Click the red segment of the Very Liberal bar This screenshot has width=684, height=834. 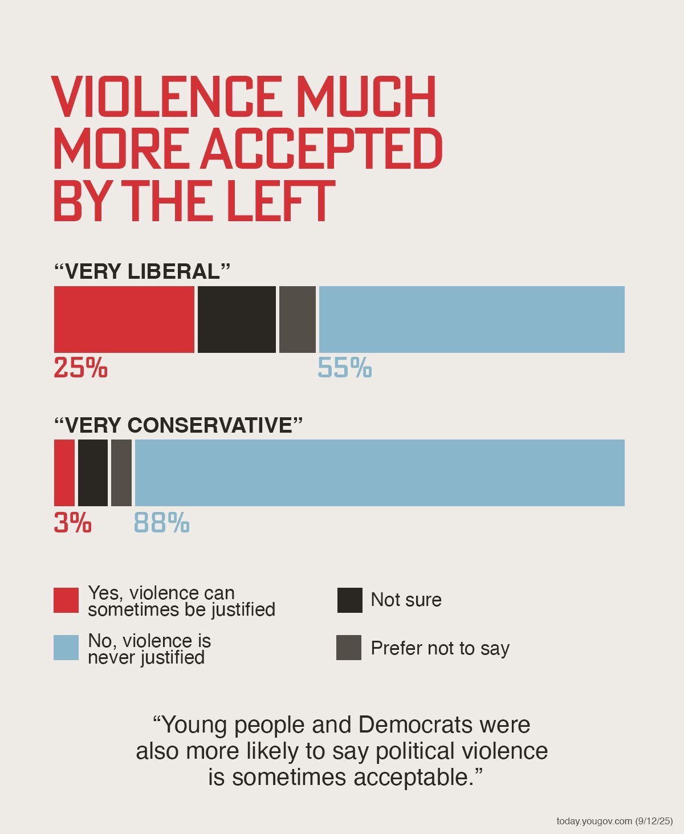124,319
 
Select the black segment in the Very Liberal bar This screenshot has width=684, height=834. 237,319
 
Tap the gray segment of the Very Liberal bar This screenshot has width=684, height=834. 297,319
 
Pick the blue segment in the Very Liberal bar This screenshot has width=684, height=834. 471,319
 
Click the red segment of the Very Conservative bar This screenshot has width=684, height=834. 64,473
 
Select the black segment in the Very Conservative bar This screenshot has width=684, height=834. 92,473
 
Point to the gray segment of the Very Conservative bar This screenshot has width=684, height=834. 121,473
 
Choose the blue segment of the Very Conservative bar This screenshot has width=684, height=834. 380,473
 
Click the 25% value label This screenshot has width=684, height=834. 80,368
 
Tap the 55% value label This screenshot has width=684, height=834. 344,368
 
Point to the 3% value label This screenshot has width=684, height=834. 72,523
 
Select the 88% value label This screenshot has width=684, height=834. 161,523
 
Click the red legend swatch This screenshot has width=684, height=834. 66,600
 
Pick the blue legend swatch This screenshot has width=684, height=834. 66,648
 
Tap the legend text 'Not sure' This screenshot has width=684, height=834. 406,600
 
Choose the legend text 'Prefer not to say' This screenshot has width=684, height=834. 439,648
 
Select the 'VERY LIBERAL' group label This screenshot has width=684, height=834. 142,271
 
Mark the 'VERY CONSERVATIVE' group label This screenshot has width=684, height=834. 178,425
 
